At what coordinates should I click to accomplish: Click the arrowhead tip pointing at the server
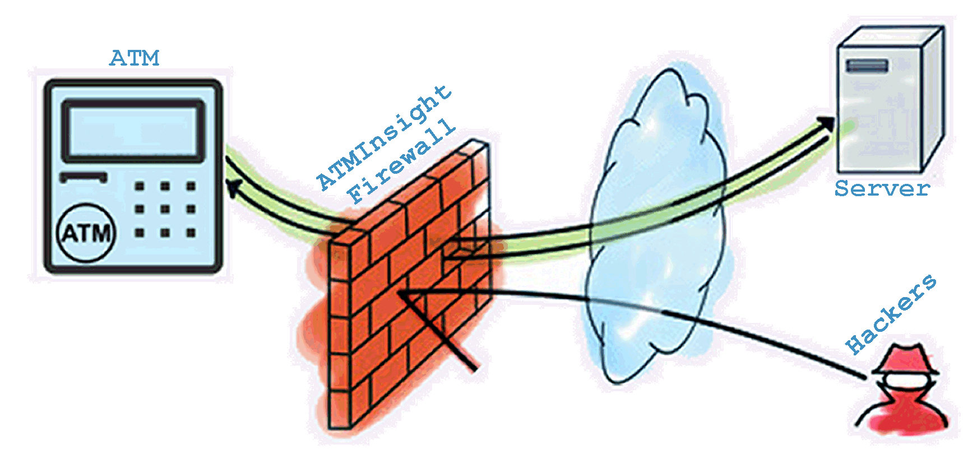[835, 118]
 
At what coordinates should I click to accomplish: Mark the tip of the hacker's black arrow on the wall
[398, 292]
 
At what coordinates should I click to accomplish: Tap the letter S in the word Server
[841, 188]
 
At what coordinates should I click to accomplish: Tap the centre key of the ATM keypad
[165, 209]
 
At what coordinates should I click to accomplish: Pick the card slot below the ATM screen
[84, 177]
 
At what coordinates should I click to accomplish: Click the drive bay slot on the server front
[867, 67]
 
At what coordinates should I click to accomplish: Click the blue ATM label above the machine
[135, 58]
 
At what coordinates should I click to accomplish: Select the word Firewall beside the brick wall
[400, 161]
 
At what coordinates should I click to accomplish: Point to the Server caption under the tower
[882, 188]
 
